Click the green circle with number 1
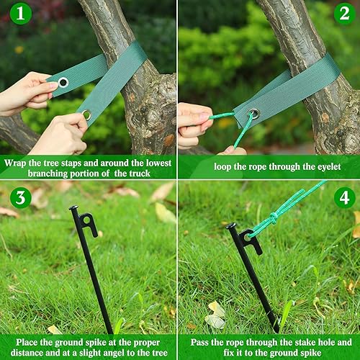click(x=20, y=13)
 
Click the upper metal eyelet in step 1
click(x=63, y=82)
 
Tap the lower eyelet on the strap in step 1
click(x=87, y=114)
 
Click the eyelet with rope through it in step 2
click(x=253, y=113)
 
